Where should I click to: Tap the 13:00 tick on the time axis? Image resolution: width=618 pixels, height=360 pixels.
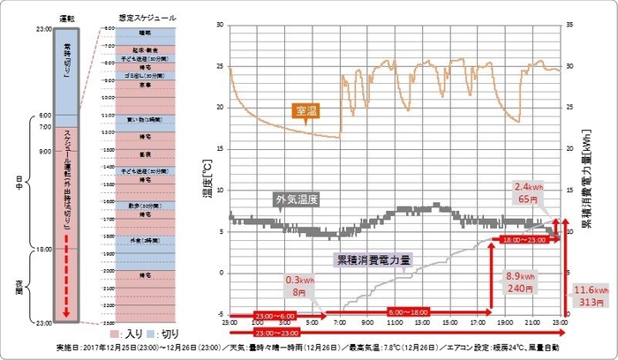pyautogui.click(x=425, y=323)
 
